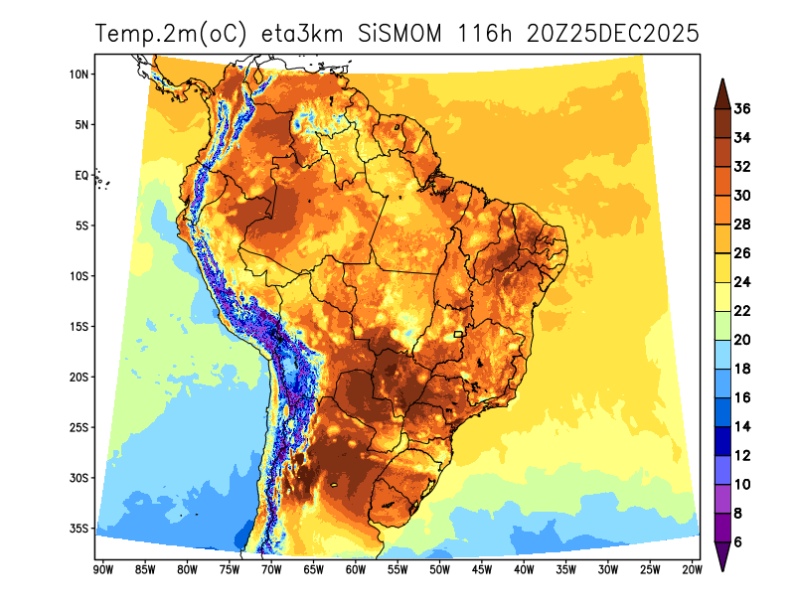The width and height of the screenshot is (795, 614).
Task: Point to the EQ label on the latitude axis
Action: (81, 175)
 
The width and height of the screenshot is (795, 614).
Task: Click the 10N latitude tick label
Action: (79, 74)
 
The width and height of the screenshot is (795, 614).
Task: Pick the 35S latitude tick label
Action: (79, 528)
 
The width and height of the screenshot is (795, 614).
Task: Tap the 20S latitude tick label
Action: (79, 377)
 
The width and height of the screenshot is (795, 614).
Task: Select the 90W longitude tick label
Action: (101, 569)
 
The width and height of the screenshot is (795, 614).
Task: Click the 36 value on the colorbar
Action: (742, 109)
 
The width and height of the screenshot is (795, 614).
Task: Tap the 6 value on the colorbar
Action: (738, 542)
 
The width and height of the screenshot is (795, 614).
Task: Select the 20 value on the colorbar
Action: (742, 340)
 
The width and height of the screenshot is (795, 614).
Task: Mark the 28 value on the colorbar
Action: (742, 225)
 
